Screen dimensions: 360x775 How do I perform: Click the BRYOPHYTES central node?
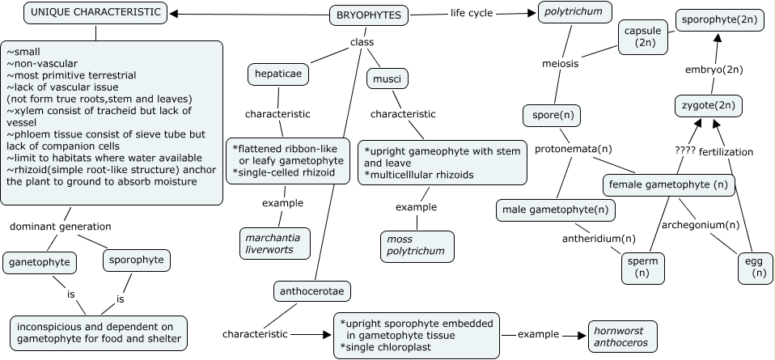(x=370, y=15)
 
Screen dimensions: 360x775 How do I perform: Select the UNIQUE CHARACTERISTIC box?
(x=96, y=13)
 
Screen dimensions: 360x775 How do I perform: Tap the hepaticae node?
(x=279, y=74)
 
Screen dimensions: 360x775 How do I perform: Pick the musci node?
(x=387, y=79)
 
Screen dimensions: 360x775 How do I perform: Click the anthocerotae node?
(x=311, y=290)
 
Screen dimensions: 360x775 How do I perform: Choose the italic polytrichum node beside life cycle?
(x=575, y=13)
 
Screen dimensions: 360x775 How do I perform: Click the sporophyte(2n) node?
(x=719, y=19)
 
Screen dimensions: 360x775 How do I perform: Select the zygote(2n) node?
(x=709, y=105)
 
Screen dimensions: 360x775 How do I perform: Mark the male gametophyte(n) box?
(x=555, y=210)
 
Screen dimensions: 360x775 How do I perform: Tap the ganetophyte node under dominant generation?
(x=40, y=261)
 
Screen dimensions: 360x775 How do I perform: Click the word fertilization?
(x=726, y=151)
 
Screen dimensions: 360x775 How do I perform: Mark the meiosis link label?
(x=559, y=63)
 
